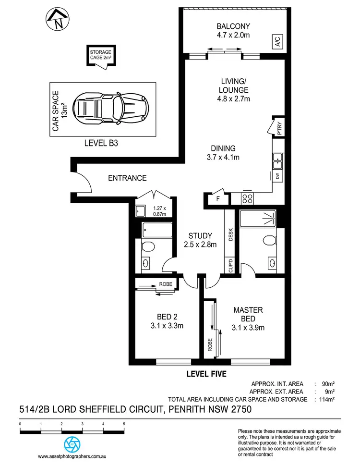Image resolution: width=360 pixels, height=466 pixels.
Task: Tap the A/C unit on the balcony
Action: click(278, 42)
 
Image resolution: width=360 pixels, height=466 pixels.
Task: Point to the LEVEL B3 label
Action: click(102, 142)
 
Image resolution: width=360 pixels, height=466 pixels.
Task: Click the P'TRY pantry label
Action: click(279, 129)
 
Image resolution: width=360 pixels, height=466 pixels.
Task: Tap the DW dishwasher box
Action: click(278, 176)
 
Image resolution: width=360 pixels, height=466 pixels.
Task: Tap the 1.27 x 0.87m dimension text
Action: click(159, 211)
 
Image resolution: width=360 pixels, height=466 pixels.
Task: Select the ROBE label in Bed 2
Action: click(165, 284)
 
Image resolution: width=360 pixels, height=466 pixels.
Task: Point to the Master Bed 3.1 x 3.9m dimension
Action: click(248, 328)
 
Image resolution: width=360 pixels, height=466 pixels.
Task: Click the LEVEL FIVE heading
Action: click(206, 373)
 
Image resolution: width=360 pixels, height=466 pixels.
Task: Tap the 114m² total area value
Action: click(327, 399)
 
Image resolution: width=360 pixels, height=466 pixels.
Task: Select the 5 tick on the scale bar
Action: click(124, 424)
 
